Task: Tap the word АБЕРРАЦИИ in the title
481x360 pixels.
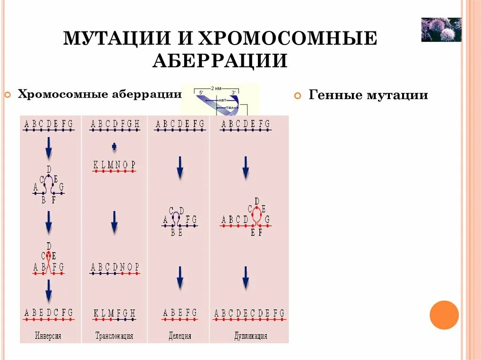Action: [219, 61]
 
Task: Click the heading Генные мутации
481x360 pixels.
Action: [368, 95]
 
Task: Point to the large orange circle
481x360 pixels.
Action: [444, 315]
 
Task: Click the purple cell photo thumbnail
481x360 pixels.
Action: [441, 30]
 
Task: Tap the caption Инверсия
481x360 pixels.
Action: [48, 336]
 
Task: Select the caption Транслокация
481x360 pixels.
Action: [114, 336]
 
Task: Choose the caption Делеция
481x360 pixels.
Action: [180, 336]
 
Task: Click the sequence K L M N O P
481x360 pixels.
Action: [115, 165]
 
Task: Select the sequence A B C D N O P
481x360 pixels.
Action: [115, 267]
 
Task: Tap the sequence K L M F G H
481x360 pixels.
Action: [115, 313]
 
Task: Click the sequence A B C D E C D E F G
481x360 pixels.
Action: [249, 313]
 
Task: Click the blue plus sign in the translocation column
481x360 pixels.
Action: [114, 147]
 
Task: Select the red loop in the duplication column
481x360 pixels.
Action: [256, 215]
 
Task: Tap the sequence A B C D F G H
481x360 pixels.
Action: [115, 124]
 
